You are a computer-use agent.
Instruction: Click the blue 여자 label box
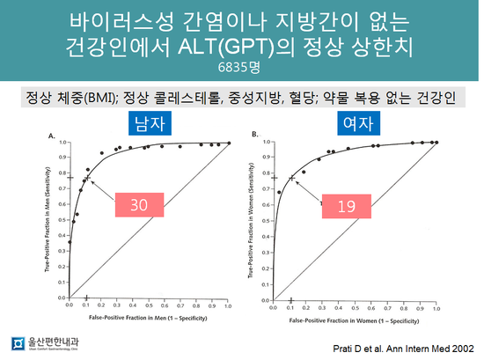tap(356, 123)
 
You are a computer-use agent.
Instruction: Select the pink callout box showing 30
tap(139, 206)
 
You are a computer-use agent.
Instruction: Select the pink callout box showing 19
tap(346, 206)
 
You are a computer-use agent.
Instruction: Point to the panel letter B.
tap(254, 136)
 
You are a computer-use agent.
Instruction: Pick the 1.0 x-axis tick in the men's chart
tap(228, 305)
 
